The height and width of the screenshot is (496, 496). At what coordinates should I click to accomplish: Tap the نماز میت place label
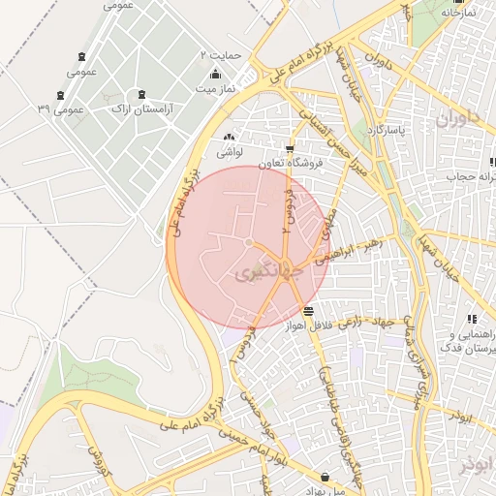point(218,87)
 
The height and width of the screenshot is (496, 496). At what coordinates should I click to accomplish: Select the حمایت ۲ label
point(219,54)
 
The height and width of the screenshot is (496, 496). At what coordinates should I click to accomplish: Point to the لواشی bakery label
point(230,152)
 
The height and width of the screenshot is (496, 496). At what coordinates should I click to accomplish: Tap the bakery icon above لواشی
point(230,138)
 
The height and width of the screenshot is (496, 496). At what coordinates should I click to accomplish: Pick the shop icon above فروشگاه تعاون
point(290,148)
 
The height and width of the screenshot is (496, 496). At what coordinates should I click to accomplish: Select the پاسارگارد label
point(395,128)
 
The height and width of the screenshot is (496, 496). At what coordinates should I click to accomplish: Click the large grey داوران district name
point(457,121)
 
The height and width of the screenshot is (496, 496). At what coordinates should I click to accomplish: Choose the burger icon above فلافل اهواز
point(308,311)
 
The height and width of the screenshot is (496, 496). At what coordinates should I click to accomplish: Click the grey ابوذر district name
point(481,463)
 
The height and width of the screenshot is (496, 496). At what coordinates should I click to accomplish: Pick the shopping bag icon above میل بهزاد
point(324,476)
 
